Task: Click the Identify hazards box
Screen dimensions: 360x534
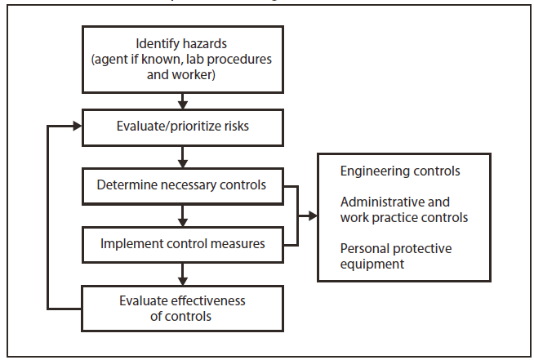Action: tap(183, 58)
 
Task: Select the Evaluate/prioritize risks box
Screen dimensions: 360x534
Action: tap(183, 127)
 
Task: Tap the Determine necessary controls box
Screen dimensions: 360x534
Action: tap(183, 185)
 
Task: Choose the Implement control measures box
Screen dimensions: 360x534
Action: tap(183, 243)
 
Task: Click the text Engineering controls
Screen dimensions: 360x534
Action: tap(389, 172)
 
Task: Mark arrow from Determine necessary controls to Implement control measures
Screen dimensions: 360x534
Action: tap(183, 215)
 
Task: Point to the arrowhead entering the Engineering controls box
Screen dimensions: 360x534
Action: tap(311, 216)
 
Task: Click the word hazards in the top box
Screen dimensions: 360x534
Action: tap(205, 42)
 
